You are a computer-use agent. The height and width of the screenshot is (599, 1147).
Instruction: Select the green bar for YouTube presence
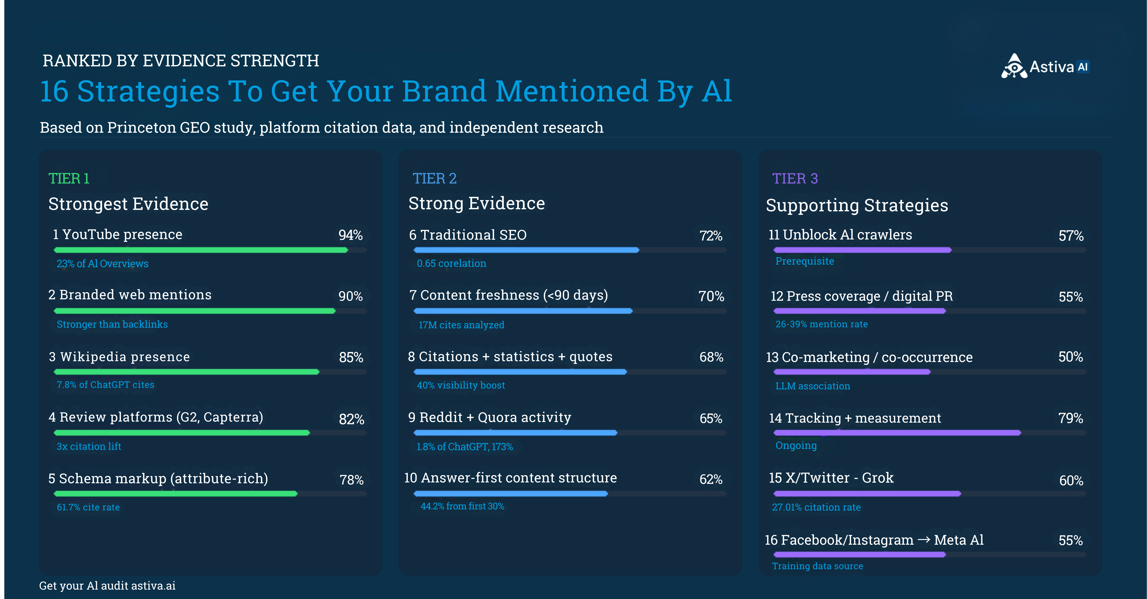coord(200,250)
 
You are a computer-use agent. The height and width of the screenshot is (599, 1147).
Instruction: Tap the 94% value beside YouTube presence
coord(350,235)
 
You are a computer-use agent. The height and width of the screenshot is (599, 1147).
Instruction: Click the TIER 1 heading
coord(69,179)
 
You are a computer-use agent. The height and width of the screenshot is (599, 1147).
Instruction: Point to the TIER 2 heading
coord(435,179)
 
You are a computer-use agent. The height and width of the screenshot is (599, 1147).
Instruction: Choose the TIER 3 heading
coord(795,179)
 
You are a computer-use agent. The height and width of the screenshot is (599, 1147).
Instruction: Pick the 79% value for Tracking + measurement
coord(1070,418)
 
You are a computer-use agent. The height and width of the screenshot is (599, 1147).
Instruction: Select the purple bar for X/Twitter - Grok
coord(867,493)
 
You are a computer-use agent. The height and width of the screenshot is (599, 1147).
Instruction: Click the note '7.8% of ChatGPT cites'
coord(106,385)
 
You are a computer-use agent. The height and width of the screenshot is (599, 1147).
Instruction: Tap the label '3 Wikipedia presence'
coord(119,357)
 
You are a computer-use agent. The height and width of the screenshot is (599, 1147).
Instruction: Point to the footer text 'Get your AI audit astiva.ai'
coord(107,586)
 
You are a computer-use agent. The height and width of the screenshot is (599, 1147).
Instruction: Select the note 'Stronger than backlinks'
coord(112,324)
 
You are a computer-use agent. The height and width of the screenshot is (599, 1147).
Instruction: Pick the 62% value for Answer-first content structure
coord(711,479)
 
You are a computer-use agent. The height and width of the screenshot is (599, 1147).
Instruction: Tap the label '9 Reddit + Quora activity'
coord(489,417)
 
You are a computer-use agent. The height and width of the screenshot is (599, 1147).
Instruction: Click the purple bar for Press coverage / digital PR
coord(859,311)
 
